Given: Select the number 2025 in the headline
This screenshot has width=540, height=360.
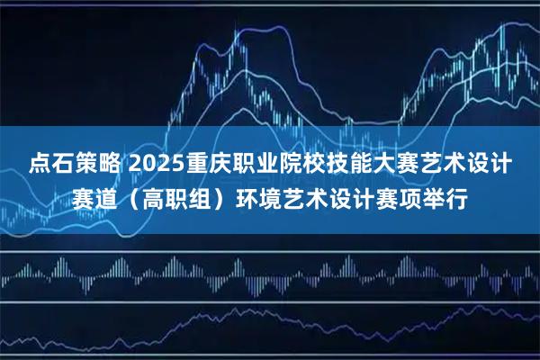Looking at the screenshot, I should (x=157, y=165).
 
